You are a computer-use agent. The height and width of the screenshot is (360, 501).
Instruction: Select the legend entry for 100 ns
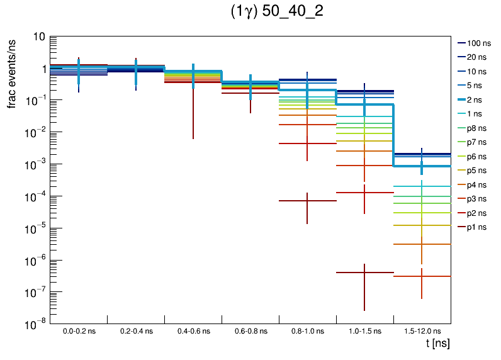click(478, 43)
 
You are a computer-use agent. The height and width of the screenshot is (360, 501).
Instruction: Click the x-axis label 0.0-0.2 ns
click(79, 330)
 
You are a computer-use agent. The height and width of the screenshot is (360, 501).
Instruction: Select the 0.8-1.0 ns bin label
click(307, 330)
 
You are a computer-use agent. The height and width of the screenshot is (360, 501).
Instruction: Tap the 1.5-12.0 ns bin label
click(422, 330)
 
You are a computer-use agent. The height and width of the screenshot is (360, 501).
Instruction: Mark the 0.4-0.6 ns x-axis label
click(193, 330)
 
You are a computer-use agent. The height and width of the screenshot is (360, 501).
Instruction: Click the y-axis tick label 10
click(38, 37)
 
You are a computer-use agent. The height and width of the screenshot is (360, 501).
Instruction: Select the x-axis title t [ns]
click(437, 344)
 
